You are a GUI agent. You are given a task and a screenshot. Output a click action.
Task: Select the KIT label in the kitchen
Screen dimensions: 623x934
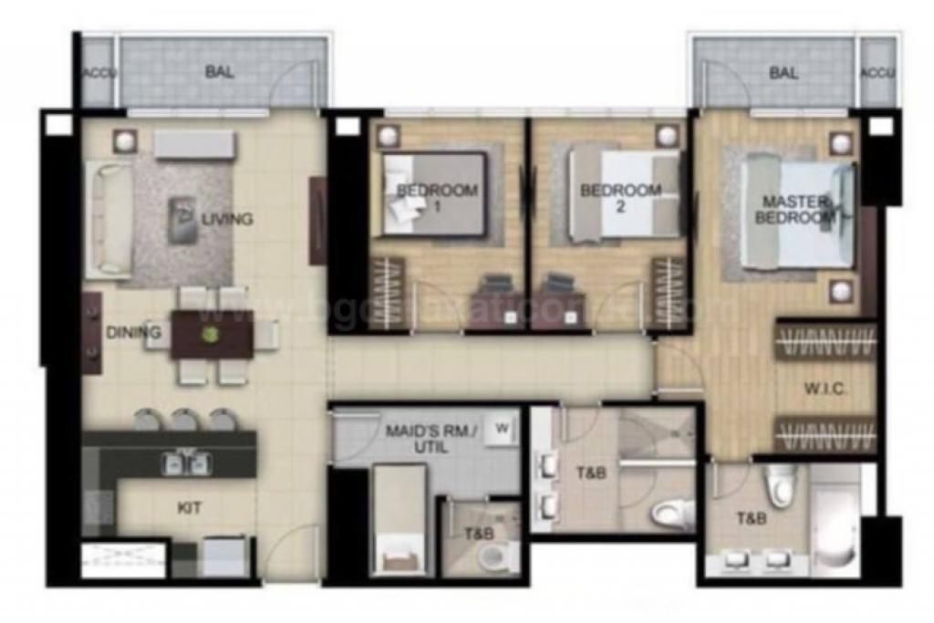click(190, 509)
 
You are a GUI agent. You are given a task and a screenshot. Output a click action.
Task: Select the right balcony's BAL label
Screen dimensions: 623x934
click(784, 73)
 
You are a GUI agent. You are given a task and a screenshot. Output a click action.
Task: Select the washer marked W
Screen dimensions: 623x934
click(501, 428)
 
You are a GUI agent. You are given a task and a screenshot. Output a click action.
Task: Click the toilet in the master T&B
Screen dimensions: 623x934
click(780, 486)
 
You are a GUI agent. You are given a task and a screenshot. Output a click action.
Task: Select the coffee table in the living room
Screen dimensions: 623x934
click(182, 219)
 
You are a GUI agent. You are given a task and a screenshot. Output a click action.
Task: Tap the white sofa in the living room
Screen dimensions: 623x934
click(108, 219)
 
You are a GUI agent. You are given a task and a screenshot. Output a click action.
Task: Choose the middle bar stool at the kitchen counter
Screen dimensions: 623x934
click(184, 420)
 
